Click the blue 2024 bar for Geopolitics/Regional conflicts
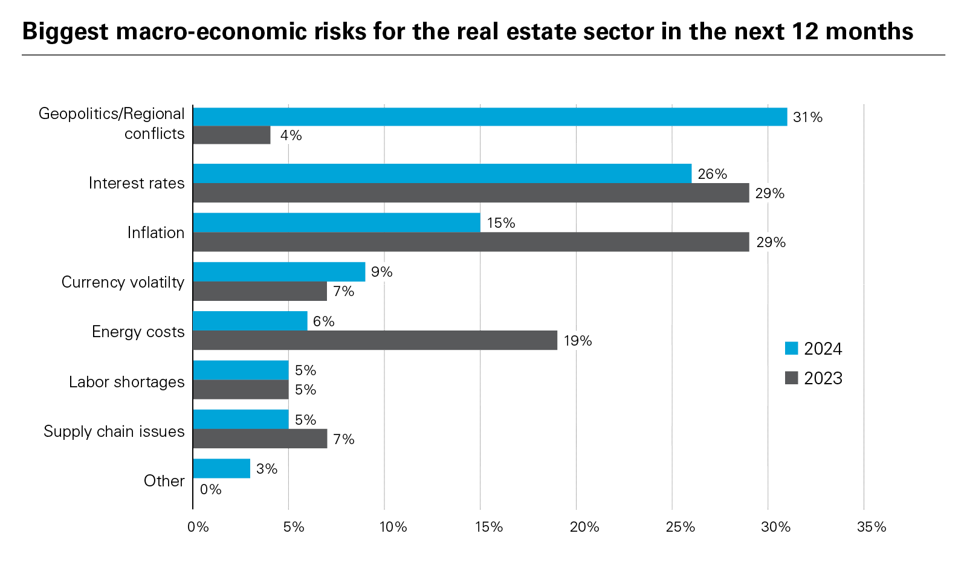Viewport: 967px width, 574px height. point(490,117)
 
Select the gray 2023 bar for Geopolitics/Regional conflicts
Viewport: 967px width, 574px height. point(231,135)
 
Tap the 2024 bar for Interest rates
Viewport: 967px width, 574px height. point(442,173)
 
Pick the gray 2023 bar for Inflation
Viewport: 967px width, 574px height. point(471,242)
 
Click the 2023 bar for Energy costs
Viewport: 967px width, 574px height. point(375,340)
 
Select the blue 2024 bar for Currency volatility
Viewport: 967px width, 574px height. point(279,272)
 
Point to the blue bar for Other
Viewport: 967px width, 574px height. point(221,468)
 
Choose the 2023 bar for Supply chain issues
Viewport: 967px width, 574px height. point(260,439)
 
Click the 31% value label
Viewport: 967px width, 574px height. point(807,117)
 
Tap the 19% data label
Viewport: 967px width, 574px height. point(577,341)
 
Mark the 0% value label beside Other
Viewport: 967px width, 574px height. point(210,489)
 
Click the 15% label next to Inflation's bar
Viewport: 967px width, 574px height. point(501,223)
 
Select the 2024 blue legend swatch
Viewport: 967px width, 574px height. point(791,349)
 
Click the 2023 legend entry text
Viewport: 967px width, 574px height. point(823,378)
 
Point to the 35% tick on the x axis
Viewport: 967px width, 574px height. point(871,527)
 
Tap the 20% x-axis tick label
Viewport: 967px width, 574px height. point(584,527)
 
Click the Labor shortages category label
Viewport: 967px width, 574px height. point(126,382)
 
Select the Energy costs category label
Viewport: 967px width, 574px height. point(138,332)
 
